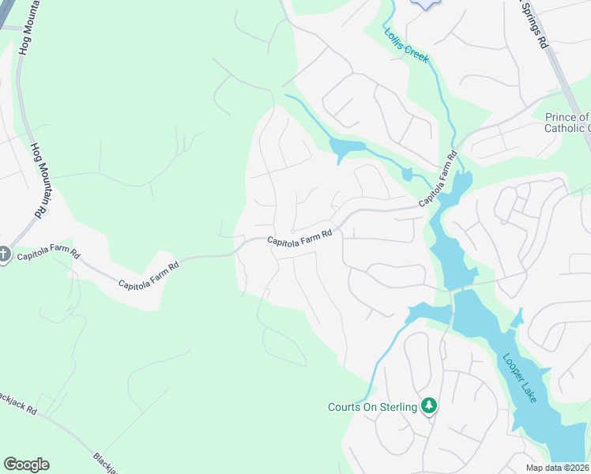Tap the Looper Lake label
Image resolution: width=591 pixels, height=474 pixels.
[521, 378]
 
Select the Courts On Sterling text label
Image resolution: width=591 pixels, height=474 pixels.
[372, 407]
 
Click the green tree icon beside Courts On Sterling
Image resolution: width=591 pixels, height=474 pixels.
[429, 406]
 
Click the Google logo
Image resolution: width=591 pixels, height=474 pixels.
[26, 465]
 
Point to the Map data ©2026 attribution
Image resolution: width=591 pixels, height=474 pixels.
[558, 468]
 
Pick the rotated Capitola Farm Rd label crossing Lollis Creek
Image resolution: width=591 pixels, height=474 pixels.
[439, 179]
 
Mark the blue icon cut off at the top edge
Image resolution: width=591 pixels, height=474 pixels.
[425, 4]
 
